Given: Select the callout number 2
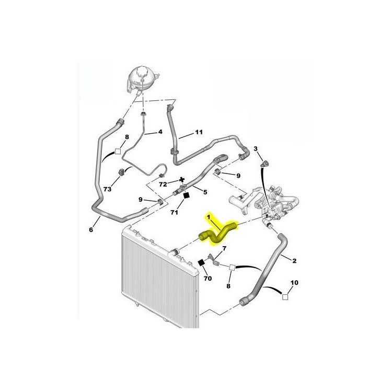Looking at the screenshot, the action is pyautogui.click(x=294, y=261).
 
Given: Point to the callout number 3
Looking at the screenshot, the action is pyautogui.click(x=256, y=149).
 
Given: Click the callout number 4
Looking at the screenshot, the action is pyautogui.click(x=160, y=132).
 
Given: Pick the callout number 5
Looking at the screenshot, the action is pyautogui.click(x=205, y=192).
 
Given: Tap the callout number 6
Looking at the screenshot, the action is pyautogui.click(x=91, y=229).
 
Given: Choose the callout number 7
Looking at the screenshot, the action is pyautogui.click(x=224, y=248).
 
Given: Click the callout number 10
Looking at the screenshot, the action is pyautogui.click(x=294, y=282).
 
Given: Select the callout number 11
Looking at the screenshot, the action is pyautogui.click(x=199, y=132).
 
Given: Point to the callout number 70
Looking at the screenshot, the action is pyautogui.click(x=207, y=278).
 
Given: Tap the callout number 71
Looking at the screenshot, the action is pyautogui.click(x=174, y=212).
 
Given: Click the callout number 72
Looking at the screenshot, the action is pyautogui.click(x=163, y=185).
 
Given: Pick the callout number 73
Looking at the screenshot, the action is pyautogui.click(x=107, y=189).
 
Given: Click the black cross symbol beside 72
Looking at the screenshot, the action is pyautogui.click(x=182, y=179).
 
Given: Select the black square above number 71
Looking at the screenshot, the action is pyautogui.click(x=186, y=196).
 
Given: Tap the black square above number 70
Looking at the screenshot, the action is pyautogui.click(x=201, y=263).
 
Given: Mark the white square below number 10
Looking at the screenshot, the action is pyautogui.click(x=285, y=297).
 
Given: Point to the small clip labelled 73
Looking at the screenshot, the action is pyautogui.click(x=121, y=172).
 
